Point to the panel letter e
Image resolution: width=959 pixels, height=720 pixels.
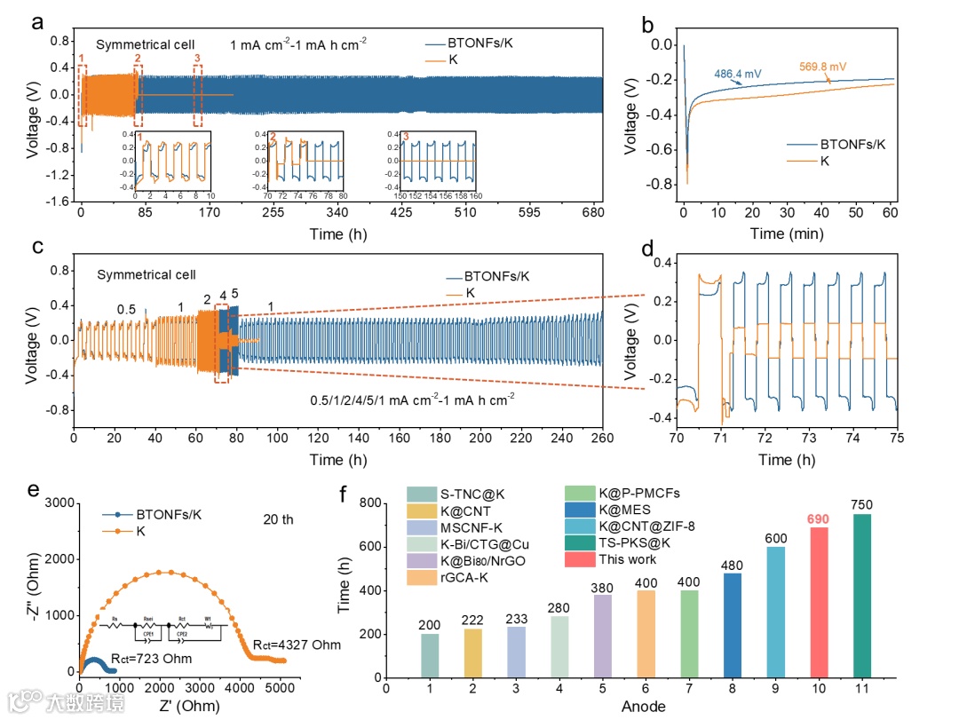(x=33, y=489)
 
